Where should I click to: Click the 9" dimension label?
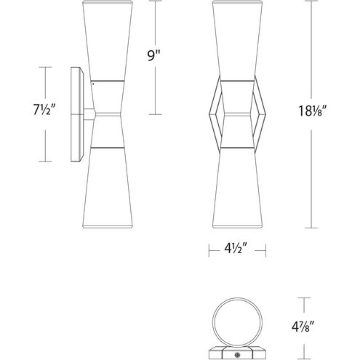154,56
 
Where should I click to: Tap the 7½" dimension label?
45,110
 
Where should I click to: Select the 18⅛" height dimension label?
311,111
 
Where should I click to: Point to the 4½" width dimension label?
236,249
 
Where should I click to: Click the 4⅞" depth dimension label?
303,327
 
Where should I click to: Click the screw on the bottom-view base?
236,356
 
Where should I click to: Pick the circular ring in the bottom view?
237,298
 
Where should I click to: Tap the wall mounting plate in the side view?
77,114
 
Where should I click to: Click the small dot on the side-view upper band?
93,84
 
